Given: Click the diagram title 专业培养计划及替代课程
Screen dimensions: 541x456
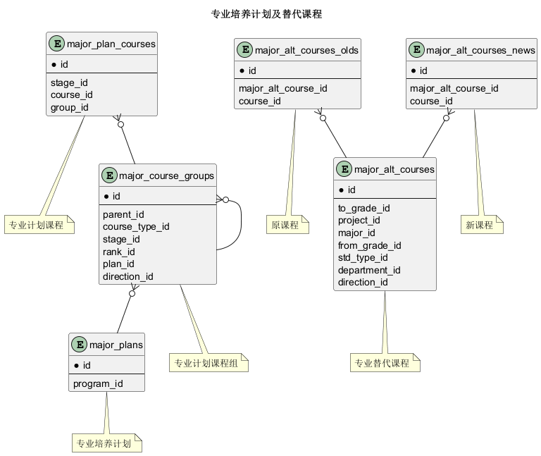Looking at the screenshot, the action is (266, 14).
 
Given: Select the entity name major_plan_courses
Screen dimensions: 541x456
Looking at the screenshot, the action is (111, 44).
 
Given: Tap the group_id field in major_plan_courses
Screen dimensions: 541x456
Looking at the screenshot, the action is (69, 107).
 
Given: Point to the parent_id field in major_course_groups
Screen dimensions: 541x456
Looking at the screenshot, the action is (123, 214).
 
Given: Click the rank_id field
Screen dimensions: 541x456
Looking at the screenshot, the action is (118, 252).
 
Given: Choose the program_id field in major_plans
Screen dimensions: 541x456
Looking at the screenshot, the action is (98, 383).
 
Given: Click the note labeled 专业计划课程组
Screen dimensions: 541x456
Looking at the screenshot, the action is (209, 363).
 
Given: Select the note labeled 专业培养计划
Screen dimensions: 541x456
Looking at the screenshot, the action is (107, 443).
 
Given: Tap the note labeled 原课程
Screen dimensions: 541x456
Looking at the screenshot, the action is (287, 225).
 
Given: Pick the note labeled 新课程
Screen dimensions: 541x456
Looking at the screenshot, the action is (482, 225).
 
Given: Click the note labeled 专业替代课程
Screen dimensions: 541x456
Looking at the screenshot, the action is (385, 363).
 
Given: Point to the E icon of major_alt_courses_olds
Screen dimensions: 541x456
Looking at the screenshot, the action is (245, 50).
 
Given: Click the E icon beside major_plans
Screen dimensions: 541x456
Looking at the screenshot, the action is (80, 345).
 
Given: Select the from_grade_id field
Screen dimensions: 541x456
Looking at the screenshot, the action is (370, 245).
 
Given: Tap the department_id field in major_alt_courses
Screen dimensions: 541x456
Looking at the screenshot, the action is (369, 270).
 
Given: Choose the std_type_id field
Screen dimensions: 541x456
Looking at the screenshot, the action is (363, 257).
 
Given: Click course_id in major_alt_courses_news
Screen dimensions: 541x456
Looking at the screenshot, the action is (431, 101).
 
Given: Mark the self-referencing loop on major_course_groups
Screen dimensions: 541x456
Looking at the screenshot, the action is (241, 224).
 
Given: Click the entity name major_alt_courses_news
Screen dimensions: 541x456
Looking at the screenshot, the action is (480, 51).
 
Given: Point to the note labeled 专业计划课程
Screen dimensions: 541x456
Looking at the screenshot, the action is (39, 225).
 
